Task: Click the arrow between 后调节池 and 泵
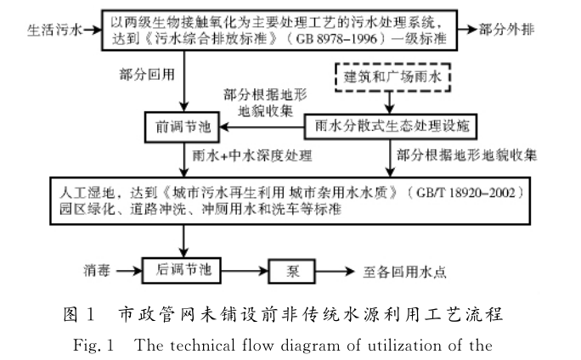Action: (x=245, y=272)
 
